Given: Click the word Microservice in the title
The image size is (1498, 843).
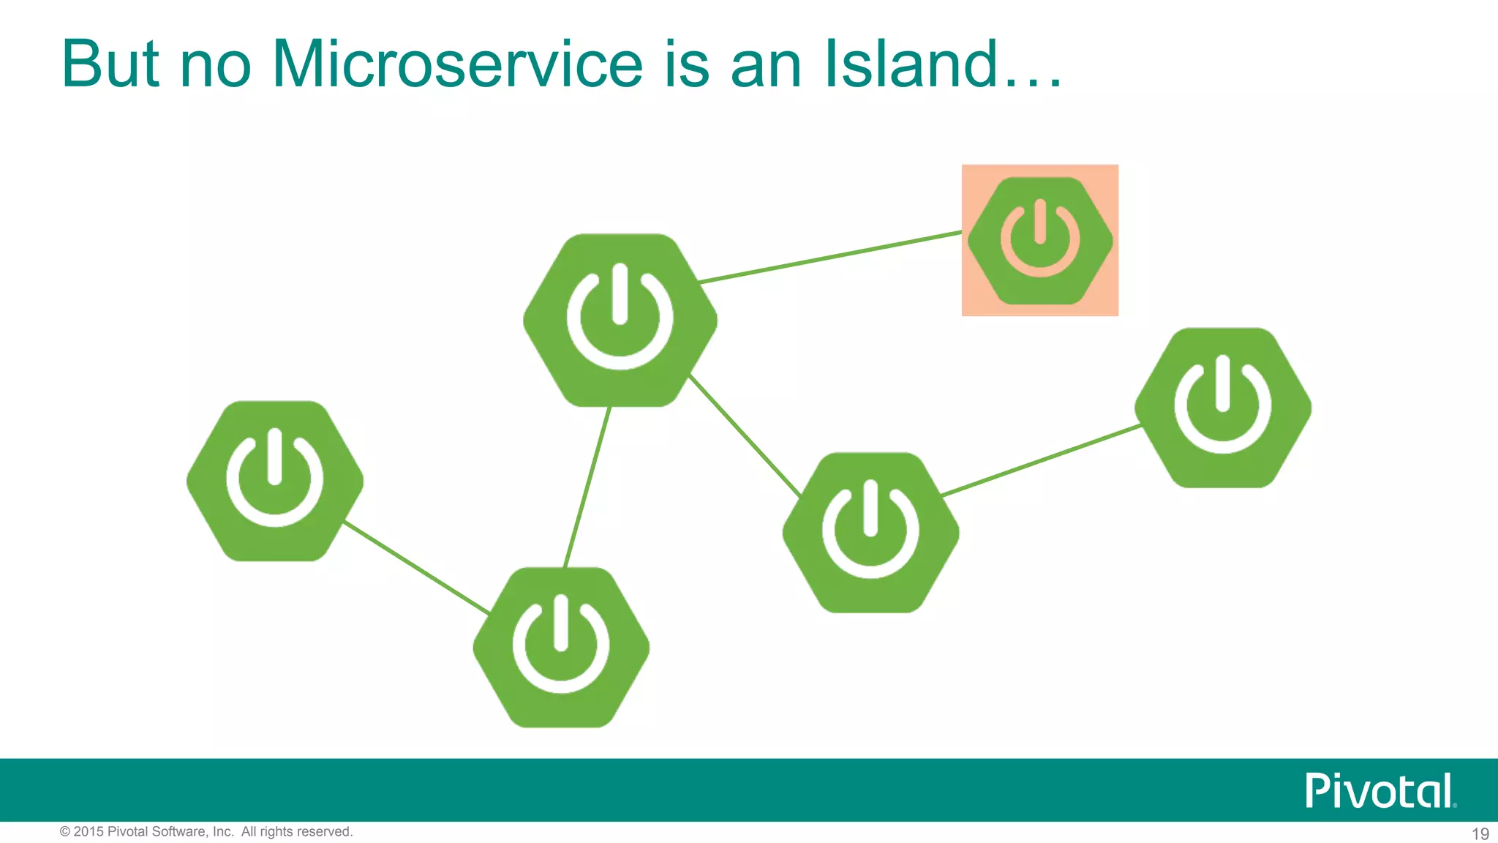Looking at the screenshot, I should tap(457, 64).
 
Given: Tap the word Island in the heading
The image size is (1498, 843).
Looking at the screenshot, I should tap(911, 64).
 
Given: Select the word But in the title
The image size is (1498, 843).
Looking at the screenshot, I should tap(110, 64).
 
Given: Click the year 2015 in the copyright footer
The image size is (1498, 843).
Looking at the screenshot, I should tap(89, 832).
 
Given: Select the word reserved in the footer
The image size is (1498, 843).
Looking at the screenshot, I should tap(325, 832).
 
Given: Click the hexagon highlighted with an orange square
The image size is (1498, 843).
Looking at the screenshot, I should tap(1040, 241).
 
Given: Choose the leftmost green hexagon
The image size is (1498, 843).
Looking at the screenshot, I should tap(275, 481).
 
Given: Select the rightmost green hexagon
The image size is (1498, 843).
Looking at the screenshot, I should tap(1223, 408).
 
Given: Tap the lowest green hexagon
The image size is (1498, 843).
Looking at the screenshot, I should tap(561, 647).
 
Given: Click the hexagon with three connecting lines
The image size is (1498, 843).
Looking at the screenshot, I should tap(620, 320).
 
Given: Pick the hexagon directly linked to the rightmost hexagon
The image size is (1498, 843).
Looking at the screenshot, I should tap(870, 533).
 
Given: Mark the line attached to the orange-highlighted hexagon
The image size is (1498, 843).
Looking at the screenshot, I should tap(830, 257).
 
